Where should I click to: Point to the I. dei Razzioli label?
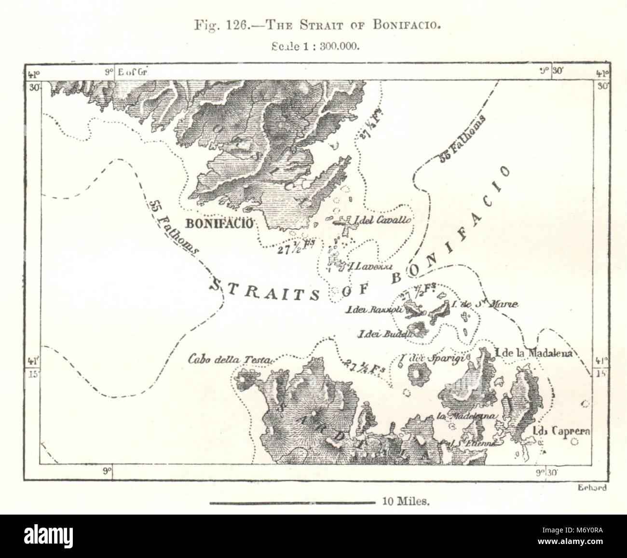374,310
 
